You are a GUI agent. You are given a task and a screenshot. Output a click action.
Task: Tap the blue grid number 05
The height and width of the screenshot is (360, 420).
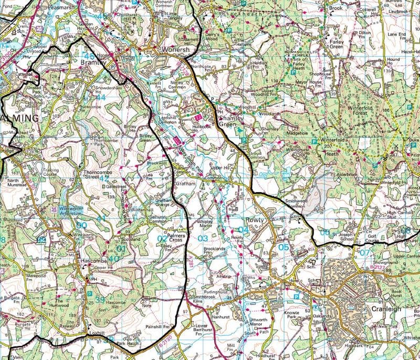(283, 247)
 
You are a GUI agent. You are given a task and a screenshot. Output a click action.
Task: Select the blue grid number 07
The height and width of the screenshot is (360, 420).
(364, 252)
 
